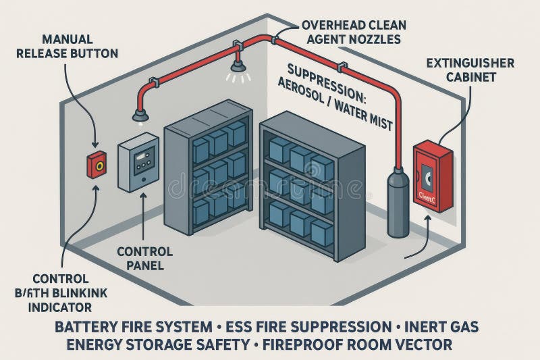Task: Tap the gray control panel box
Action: [138, 162]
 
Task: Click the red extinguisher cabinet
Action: [433, 176]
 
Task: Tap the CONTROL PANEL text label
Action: [144, 258]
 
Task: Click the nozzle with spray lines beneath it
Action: [238, 66]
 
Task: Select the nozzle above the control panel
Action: [140, 115]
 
